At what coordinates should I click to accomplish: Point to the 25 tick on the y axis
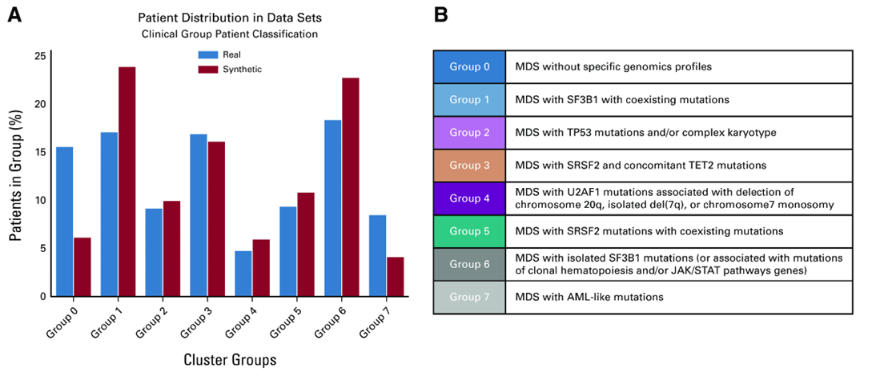40,56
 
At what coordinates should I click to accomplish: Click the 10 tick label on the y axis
40,200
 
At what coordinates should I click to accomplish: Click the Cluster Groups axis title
231,360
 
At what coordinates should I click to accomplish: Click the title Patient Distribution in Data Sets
230,17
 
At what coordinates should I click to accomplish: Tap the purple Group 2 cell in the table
469,132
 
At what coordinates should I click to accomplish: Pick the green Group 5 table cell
469,231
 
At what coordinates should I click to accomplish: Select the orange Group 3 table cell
469,165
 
